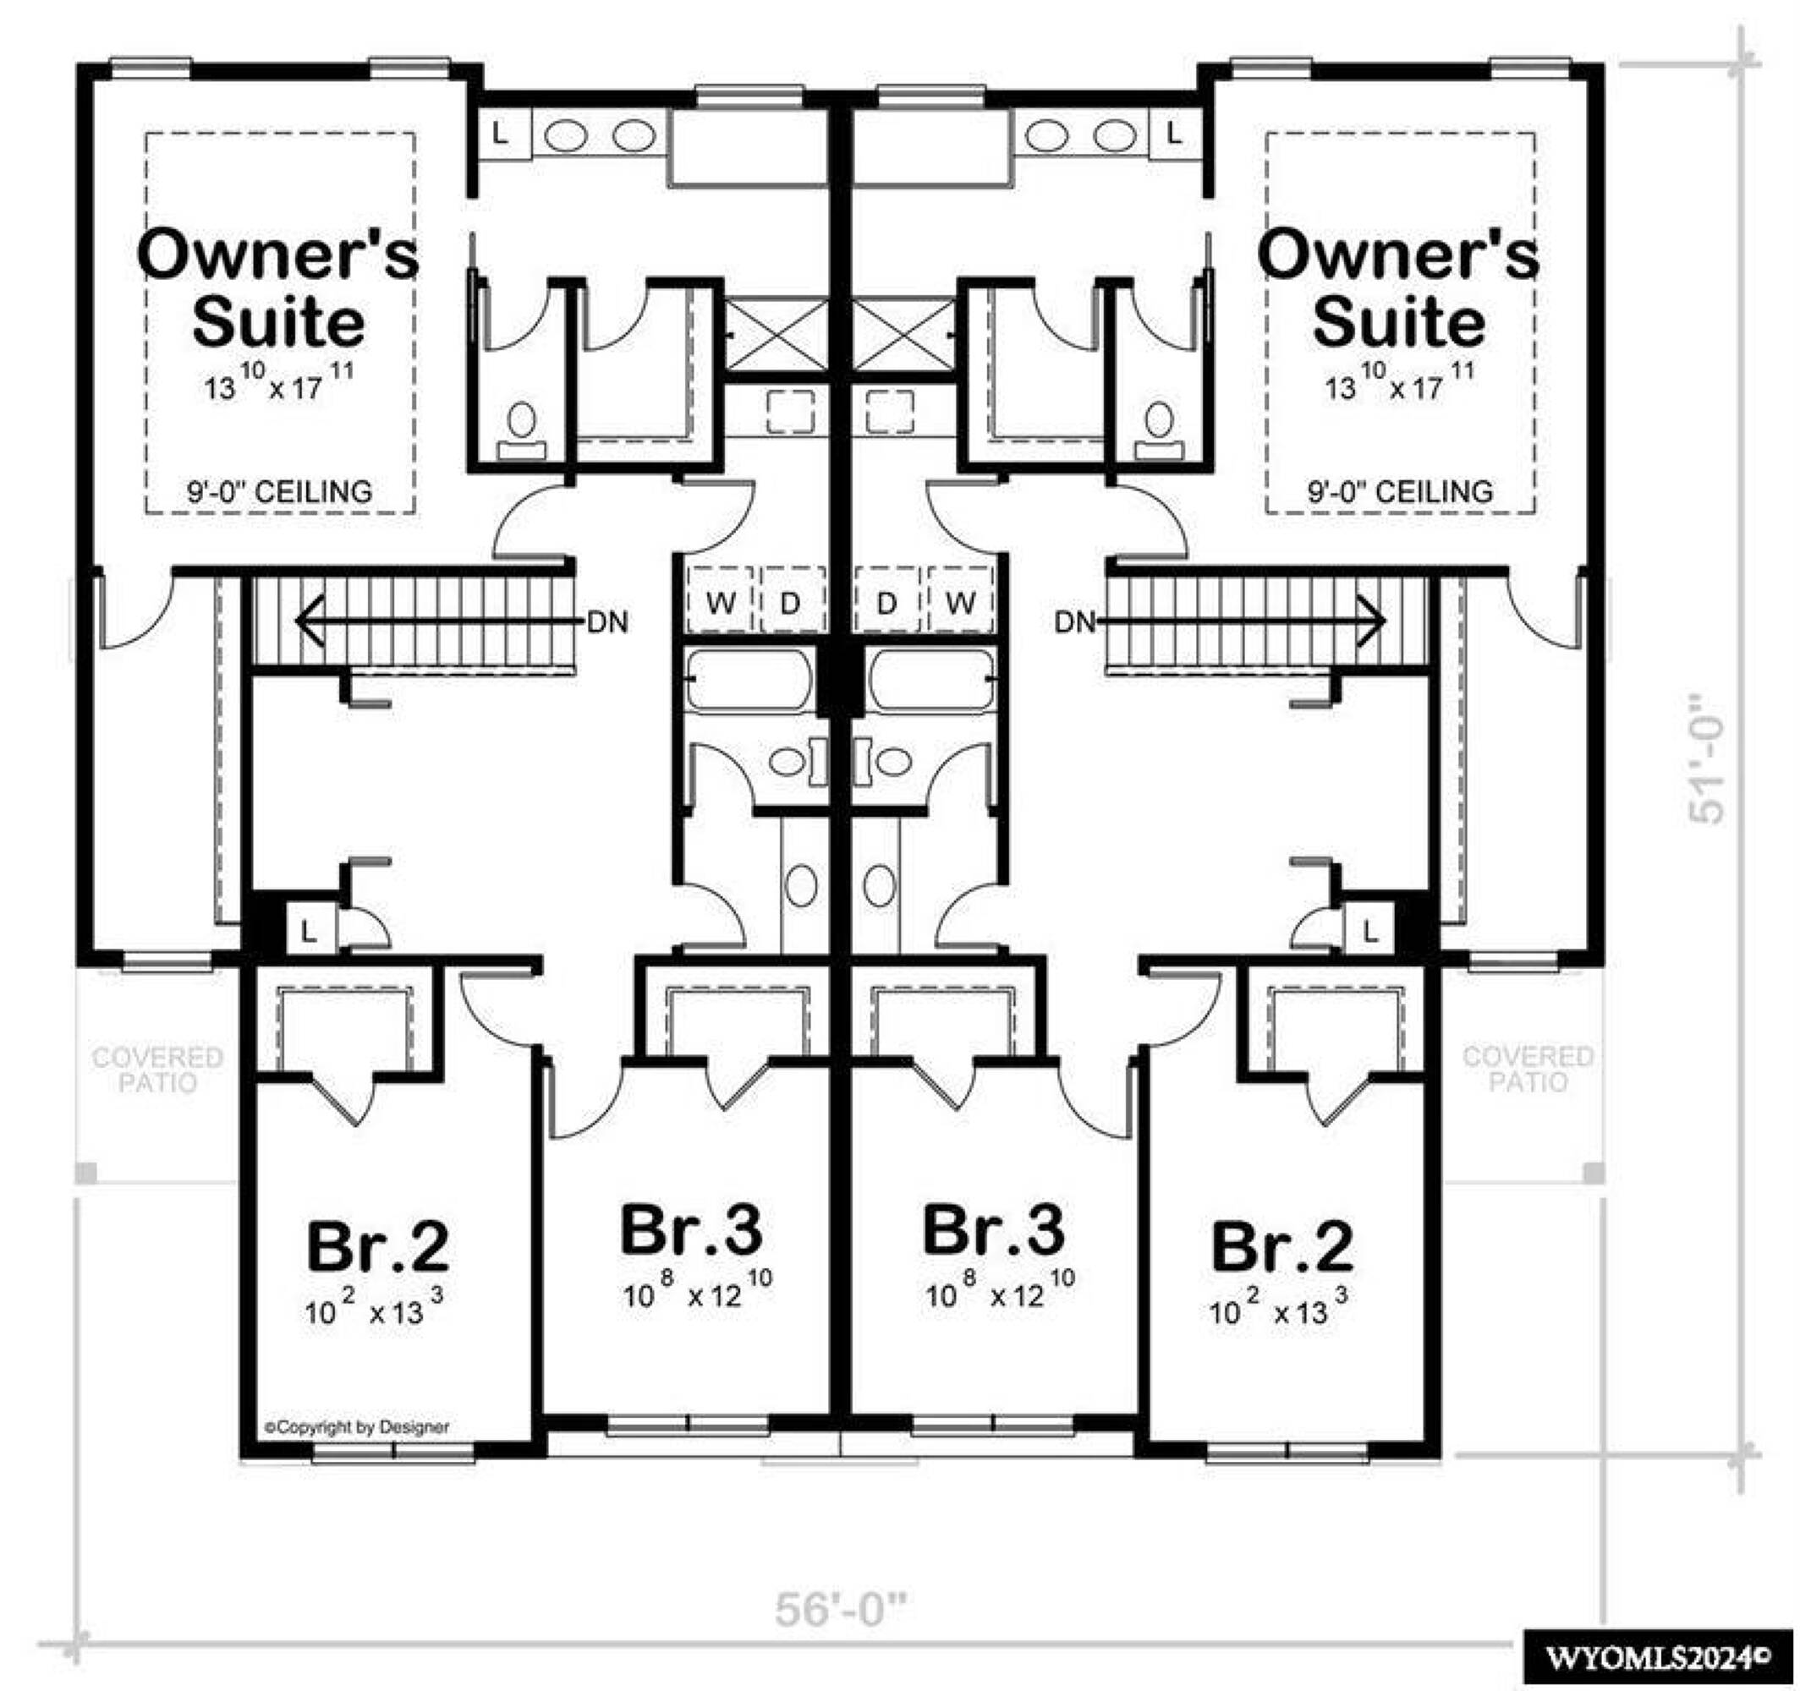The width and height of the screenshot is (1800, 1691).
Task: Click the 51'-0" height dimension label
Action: [1707, 758]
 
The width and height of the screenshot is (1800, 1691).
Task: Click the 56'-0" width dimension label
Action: [839, 1611]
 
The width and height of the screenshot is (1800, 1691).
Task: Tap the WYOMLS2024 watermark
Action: [1656, 1657]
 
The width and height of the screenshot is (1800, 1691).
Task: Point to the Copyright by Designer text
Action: [357, 1426]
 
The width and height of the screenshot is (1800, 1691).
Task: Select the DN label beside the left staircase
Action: [607, 623]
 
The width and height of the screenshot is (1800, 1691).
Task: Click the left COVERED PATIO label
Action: [157, 1069]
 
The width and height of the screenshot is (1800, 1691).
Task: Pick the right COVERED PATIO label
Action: [1528, 1068]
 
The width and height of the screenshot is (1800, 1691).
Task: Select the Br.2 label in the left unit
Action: [377, 1245]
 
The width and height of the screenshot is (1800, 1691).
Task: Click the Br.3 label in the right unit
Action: [993, 1229]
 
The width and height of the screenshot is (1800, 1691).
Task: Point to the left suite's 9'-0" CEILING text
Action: [279, 491]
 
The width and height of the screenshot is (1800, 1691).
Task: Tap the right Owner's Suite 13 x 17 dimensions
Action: [1400, 382]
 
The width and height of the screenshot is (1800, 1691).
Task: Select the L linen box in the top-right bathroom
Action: [1174, 134]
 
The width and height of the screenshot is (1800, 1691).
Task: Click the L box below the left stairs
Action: [310, 930]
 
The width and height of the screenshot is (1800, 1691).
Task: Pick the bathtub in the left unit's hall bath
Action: [749, 679]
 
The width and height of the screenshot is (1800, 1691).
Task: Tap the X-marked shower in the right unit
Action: [903, 334]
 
